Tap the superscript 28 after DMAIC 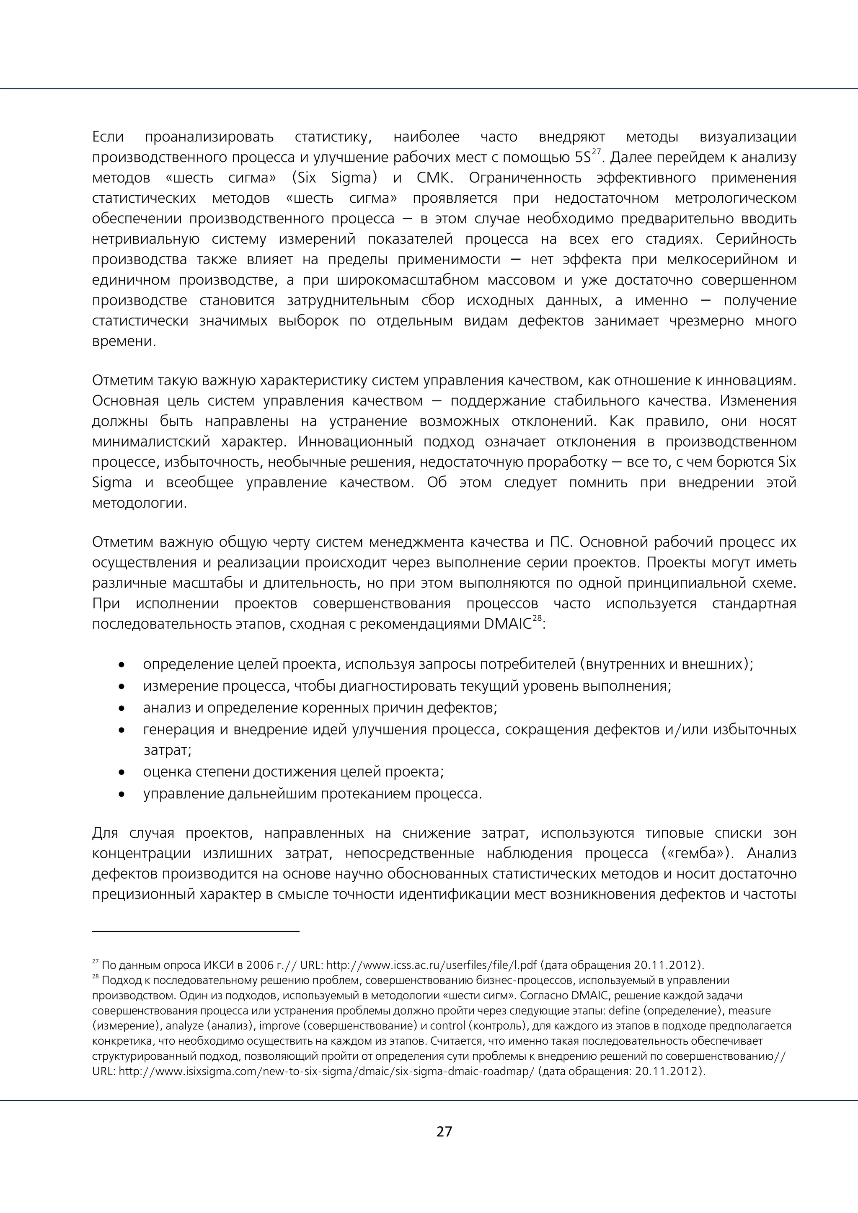538,619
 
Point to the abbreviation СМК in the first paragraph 435,178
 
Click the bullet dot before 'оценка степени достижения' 122,772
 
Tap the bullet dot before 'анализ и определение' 122,708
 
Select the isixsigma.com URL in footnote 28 327,1072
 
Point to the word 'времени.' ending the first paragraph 124,341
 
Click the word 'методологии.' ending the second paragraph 140,503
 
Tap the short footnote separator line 196,932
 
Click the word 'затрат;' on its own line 168,750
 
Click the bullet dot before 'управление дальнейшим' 122,794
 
